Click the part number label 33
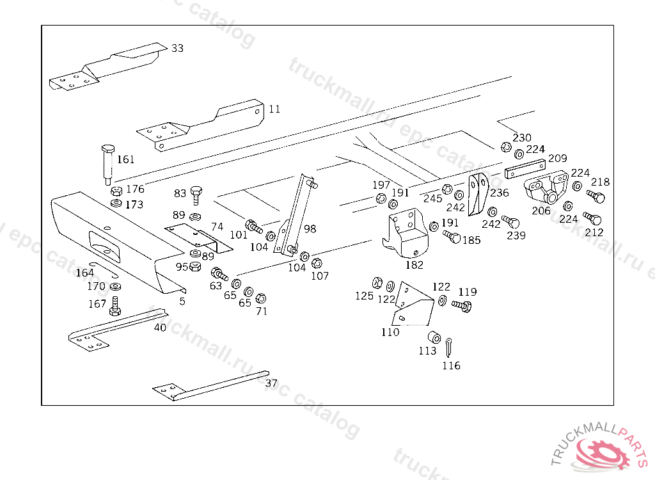tap(177, 48)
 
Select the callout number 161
tap(126, 159)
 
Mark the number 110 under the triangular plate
tap(390, 332)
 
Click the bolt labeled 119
tap(462, 305)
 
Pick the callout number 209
tap(558, 158)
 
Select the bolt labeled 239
tap(512, 221)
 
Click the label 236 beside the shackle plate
tap(500, 193)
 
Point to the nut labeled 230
tap(505, 146)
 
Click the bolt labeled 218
tap(596, 195)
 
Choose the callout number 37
tap(272, 383)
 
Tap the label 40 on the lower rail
tap(160, 328)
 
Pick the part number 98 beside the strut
tap(310, 228)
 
